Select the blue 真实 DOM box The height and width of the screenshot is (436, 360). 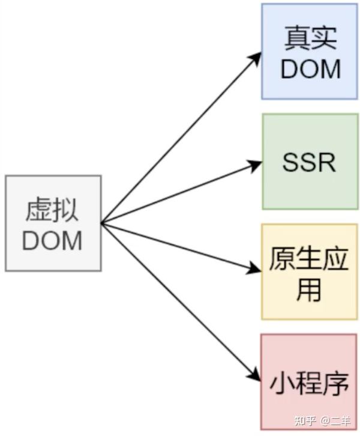[x=310, y=51]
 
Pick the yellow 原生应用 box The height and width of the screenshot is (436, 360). [x=310, y=271]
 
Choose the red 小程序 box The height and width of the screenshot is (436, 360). [x=310, y=382]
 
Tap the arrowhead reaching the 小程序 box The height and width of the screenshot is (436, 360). [x=257, y=377]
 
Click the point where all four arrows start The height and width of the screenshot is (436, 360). [x=102, y=223]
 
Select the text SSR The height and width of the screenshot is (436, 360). [x=310, y=162]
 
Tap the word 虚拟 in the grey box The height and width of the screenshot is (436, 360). [x=53, y=210]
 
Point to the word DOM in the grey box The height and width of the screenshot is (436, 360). [x=53, y=240]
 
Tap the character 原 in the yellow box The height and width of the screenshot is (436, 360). [x=281, y=259]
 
